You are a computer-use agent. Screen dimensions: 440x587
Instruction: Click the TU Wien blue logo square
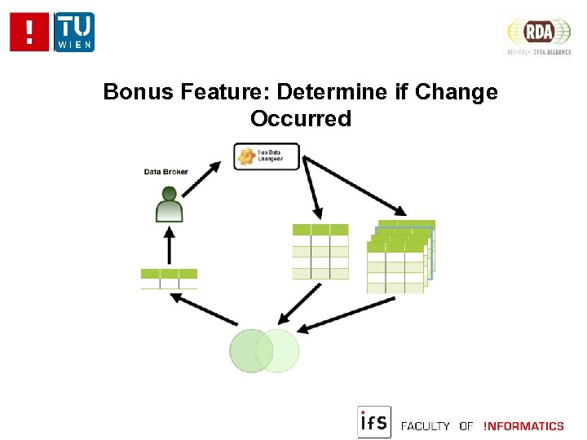[x=74, y=32]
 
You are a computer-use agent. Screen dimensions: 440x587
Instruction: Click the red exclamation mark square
[x=30, y=32]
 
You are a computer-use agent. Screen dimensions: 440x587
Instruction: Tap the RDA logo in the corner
[x=539, y=33]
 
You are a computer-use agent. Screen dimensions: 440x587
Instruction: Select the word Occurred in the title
[x=301, y=119]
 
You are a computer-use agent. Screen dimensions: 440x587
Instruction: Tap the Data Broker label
[x=166, y=171]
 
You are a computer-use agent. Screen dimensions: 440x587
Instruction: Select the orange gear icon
[x=245, y=156]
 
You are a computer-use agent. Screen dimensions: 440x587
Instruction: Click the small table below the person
[x=169, y=279]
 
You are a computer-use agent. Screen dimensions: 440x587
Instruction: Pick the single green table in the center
[x=320, y=251]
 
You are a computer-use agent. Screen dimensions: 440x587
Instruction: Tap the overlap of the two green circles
[x=264, y=350]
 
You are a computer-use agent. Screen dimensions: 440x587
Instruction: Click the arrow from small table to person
[x=170, y=244]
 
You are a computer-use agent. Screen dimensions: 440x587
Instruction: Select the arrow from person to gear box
[x=201, y=179]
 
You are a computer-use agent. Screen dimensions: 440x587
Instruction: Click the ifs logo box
[x=374, y=422]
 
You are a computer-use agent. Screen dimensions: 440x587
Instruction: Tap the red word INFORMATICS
[x=523, y=426]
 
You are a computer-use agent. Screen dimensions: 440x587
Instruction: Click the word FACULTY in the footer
[x=426, y=426]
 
